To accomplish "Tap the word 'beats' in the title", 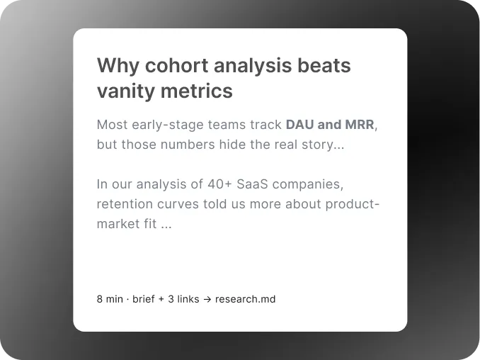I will (323, 66).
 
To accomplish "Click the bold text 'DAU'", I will (299, 125).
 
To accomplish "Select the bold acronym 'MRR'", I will (360, 125).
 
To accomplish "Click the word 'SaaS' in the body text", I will (253, 184).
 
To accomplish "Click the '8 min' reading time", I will (110, 299).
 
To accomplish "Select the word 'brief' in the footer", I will (143, 299).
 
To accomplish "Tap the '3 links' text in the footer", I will (183, 299).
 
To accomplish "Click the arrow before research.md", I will (207, 299).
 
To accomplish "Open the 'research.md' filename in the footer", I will (245, 299).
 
